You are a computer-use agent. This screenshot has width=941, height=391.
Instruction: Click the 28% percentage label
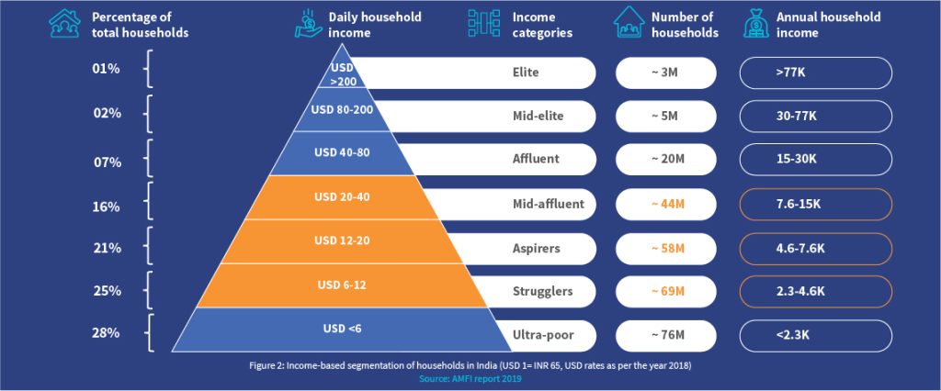coord(107,333)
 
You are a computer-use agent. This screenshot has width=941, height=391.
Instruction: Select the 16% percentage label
coord(107,207)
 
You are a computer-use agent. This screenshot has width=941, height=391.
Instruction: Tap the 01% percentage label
coord(107,68)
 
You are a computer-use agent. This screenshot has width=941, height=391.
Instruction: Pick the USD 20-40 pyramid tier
coord(341,196)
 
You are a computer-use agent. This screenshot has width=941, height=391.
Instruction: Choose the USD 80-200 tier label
coord(341,110)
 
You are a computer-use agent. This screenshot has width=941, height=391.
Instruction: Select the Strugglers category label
coord(542,291)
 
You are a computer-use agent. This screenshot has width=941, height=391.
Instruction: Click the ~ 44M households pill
coord(666,204)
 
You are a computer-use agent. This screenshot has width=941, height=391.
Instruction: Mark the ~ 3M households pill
coord(666,72)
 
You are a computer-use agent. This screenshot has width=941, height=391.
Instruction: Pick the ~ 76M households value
coord(666,335)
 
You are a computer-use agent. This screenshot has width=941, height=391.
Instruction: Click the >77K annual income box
coord(815,72)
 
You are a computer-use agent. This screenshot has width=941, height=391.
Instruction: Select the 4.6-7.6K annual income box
coord(815,248)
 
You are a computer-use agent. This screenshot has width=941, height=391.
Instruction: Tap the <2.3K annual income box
coord(815,335)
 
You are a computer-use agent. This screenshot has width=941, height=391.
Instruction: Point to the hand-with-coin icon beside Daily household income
coord(307,25)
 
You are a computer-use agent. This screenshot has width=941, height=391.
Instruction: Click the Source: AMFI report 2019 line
coord(470,377)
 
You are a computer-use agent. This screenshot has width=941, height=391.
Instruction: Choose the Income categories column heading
coord(542,25)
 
